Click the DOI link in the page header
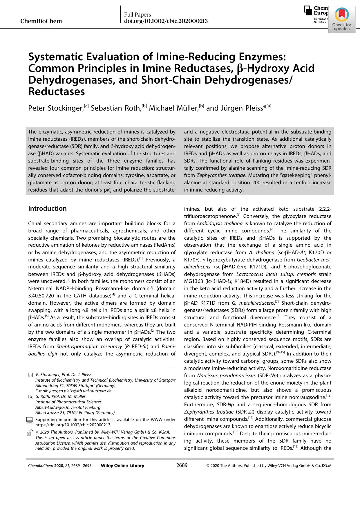pyautogui.click(x=166, y=21)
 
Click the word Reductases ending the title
pyautogui.click(x=57, y=92)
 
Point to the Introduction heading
pyautogui.click(x=47, y=208)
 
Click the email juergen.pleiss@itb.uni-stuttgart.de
pyautogui.click(x=73, y=391)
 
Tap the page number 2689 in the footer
pyautogui.click(x=182, y=465)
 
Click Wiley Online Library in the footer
pyautogui.click(x=122, y=465)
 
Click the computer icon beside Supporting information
pyautogui.click(x=29, y=420)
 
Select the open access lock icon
pyautogui.click(x=29, y=433)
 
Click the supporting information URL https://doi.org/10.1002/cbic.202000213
pyautogui.click(x=73, y=425)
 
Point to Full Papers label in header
pyautogui.click(x=138, y=15)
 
